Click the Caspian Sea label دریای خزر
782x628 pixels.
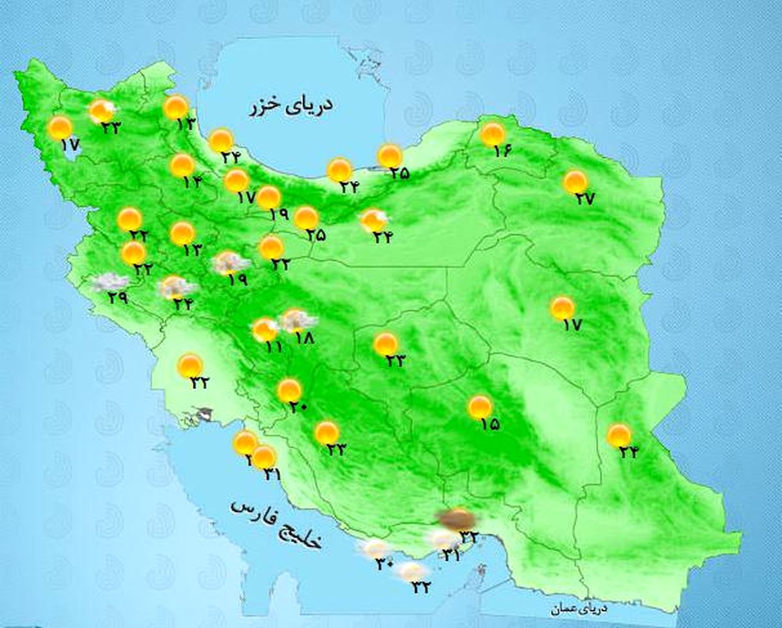point(291,106)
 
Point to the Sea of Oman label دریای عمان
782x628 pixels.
point(577,609)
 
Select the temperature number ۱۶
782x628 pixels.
point(502,151)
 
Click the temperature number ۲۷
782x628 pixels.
point(585,199)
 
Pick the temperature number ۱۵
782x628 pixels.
point(489,425)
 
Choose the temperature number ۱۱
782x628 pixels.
point(273,347)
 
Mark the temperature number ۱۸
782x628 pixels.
point(304,338)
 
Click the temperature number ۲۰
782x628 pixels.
point(298,408)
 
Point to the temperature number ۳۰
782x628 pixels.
point(383,564)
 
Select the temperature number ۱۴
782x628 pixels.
point(192,183)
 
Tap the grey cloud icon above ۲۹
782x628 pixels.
point(109,282)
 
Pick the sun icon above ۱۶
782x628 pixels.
point(493,134)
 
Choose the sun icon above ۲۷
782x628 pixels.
point(575,182)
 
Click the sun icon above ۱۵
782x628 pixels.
point(480,407)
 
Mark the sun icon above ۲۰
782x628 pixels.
point(289,390)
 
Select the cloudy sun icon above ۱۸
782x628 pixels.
point(298,321)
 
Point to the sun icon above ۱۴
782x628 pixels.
point(182,165)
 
